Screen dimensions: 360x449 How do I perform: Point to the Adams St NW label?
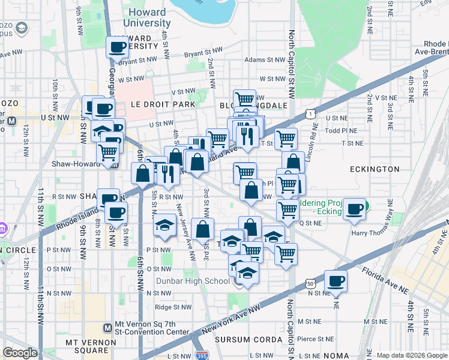point(264,60)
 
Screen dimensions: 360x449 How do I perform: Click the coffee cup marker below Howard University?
point(117,47)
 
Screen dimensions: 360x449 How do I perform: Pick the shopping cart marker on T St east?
point(286,139)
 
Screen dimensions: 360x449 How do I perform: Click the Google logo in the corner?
point(19,353)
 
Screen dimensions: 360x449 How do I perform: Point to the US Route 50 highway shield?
point(310,282)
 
